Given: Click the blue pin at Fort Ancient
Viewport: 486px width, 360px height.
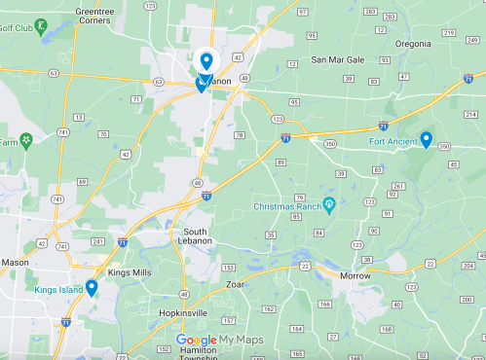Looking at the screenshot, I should pos(426,139).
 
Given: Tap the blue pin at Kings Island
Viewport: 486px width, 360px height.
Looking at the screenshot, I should pos(92,287).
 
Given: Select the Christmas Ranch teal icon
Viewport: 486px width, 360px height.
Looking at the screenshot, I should pos(329,205).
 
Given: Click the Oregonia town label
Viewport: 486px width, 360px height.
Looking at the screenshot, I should pos(419,43).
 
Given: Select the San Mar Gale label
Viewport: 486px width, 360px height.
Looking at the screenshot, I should pos(337,59).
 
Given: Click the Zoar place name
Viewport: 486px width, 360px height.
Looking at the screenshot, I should pos(234,285).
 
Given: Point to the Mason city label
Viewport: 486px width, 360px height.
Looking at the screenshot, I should pos(15,262).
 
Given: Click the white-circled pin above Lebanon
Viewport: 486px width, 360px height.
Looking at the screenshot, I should pos(206,61).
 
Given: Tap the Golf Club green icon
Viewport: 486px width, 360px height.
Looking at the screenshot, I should pos(40,26).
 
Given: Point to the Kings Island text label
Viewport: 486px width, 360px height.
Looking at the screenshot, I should pos(57,290).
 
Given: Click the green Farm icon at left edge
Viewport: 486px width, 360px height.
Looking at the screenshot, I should pos(26,141).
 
